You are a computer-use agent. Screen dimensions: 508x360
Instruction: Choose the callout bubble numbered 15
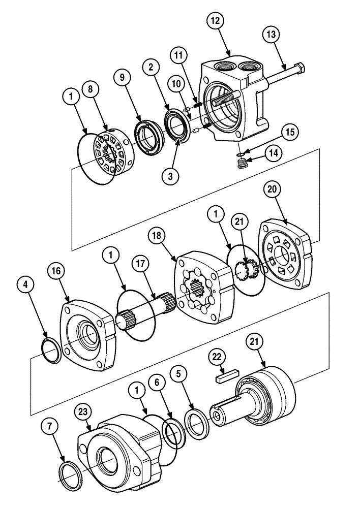(x=289, y=132)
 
